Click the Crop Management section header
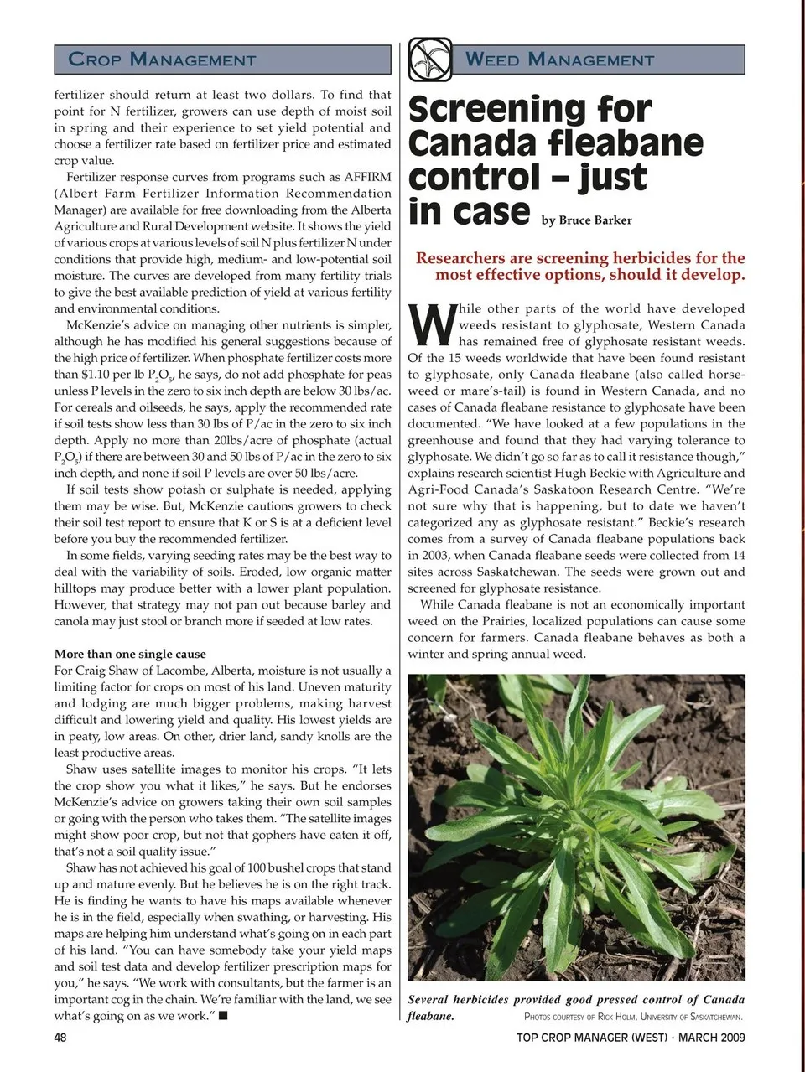click(x=162, y=60)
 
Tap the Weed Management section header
click(x=559, y=60)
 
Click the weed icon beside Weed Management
click(x=430, y=60)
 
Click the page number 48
click(x=60, y=1038)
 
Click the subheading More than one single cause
click(x=130, y=654)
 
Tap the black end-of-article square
click(x=224, y=1017)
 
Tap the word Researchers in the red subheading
click(x=462, y=258)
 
